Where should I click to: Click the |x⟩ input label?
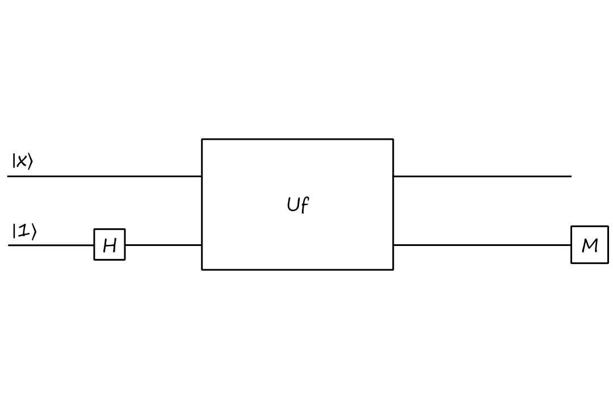pos(22,161)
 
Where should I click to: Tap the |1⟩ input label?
pos(24,231)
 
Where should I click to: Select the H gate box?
pos(110,245)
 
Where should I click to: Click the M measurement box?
pos(590,245)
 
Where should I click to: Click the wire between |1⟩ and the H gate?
pos(51,245)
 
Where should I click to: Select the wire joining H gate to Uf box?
pos(163,245)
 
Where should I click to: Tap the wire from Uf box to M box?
pos(482,245)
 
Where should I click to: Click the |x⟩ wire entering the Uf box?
pos(105,176)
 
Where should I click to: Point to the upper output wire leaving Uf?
pos(482,176)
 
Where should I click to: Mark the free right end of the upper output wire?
pos(570,176)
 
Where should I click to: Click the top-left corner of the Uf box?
pos(202,139)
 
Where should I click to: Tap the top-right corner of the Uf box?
pos(393,139)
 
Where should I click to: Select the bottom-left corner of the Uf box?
pos(202,269)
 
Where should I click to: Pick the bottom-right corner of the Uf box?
pos(393,269)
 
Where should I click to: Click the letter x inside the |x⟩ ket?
pos(22,162)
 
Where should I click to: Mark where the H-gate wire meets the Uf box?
pos(202,245)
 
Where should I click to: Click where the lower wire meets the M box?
pos(572,245)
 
